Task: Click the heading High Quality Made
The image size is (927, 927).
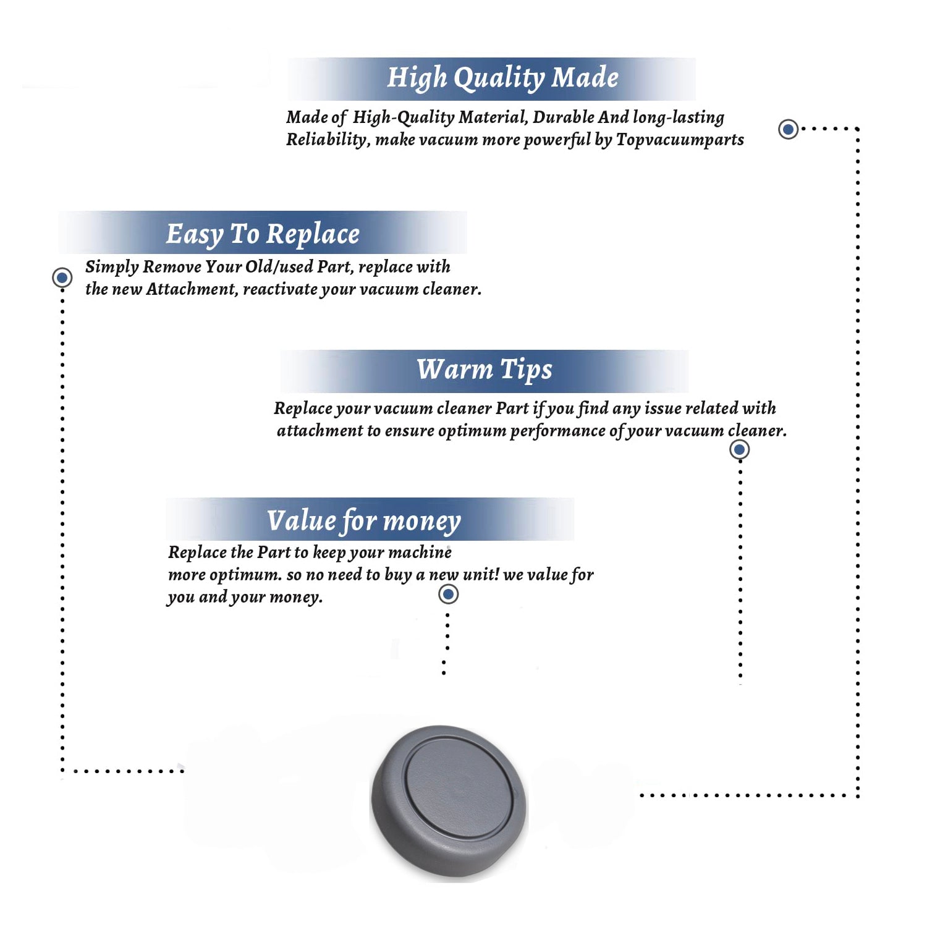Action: tap(502, 78)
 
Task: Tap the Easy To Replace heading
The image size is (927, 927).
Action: tap(263, 234)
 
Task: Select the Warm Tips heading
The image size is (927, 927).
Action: tap(484, 370)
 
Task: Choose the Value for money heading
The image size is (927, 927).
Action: tap(364, 521)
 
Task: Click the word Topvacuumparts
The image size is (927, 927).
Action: tap(680, 140)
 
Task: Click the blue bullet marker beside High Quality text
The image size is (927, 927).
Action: tap(788, 129)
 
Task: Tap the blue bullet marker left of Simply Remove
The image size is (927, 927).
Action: tap(62, 277)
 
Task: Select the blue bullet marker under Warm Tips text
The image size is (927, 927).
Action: tap(739, 449)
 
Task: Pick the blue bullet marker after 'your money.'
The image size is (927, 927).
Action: tap(448, 595)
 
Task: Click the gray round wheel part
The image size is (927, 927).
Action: tap(449, 802)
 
